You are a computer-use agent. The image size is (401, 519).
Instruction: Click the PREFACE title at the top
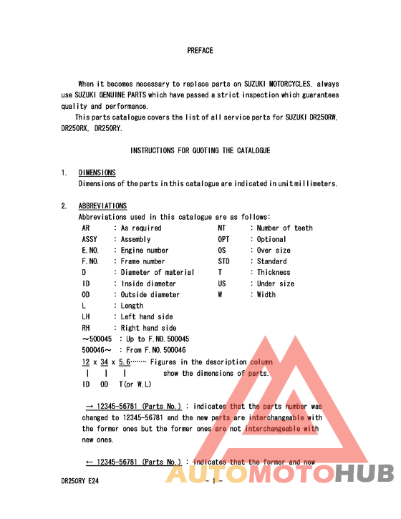click(200, 51)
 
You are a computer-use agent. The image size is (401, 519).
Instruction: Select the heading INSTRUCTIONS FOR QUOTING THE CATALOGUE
click(200, 150)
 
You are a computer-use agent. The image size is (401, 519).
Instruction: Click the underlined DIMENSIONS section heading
click(97, 173)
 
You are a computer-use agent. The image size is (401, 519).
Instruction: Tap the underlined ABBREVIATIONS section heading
click(102, 206)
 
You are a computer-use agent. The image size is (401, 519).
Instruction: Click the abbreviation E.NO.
click(90, 251)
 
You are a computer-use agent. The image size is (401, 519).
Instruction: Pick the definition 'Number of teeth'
click(284, 228)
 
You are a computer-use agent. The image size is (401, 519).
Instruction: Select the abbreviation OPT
click(223, 239)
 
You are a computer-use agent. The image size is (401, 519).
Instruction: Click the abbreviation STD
click(223, 261)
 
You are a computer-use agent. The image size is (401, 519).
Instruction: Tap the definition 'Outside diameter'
click(150, 294)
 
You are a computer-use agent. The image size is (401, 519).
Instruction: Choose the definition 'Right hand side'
click(148, 328)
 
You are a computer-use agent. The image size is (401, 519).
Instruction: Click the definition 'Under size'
click(275, 283)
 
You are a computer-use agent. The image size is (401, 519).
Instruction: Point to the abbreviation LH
click(86, 316)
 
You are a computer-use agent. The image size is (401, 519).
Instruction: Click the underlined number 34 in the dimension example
click(105, 362)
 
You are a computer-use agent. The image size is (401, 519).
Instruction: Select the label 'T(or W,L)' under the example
click(135, 384)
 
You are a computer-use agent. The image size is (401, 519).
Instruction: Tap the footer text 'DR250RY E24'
click(79, 482)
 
